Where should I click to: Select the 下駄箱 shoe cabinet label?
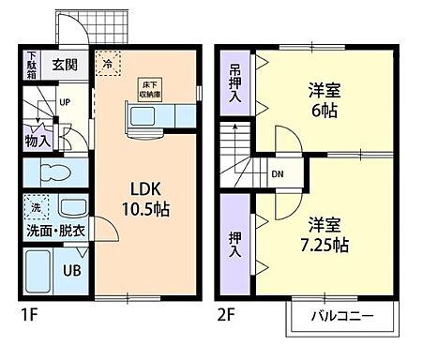(31, 65)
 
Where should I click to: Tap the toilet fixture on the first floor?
(53, 173)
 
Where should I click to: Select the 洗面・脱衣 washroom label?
(53, 229)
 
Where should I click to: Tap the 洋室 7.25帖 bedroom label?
(325, 234)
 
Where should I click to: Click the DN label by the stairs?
(278, 173)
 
